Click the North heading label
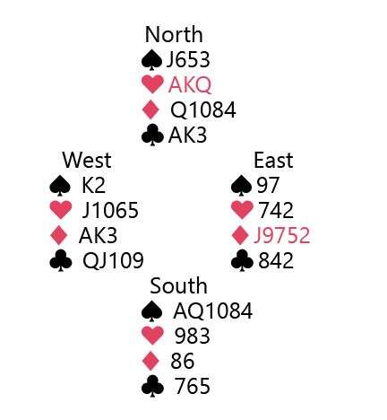tap(174, 34)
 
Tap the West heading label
tap(87, 160)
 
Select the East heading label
tap(273, 160)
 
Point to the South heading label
tap(178, 285)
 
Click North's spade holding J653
tap(188, 59)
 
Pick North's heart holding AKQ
tap(190, 84)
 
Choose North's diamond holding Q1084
tap(203, 109)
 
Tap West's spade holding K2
tap(93, 185)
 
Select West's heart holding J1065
tap(110, 210)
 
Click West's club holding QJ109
tap(113, 260)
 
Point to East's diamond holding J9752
tap(281, 235)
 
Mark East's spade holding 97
tap(268, 185)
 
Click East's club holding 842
tap(276, 260)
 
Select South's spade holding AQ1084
tap(213, 311)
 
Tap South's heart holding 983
tap(192, 336)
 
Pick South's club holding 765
tap(192, 386)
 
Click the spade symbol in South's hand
tap(152, 311)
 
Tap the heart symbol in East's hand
tap(242, 210)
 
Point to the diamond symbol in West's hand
tap(59, 235)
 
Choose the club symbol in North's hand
tap(152, 135)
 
